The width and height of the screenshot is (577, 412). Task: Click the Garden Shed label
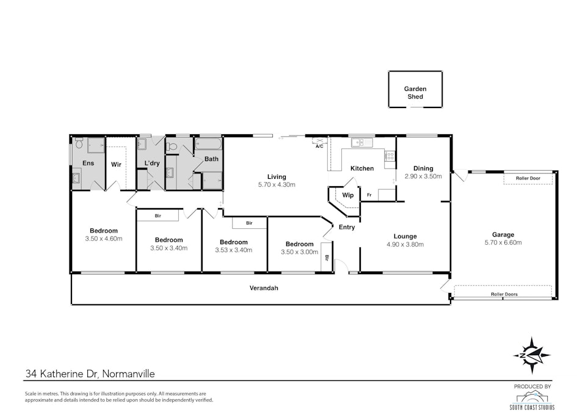(x=415, y=93)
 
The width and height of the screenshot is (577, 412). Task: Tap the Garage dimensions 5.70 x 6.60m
(x=503, y=242)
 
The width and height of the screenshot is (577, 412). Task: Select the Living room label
(x=277, y=177)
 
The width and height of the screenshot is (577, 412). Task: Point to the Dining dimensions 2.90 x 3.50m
(x=423, y=176)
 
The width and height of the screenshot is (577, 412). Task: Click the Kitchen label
(x=362, y=168)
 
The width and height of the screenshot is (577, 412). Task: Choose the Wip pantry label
(x=348, y=195)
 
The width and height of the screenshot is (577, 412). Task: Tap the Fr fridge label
(x=369, y=195)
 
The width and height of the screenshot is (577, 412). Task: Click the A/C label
(x=319, y=146)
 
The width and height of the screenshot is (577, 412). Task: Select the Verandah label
(x=264, y=288)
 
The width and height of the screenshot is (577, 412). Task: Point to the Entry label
(x=347, y=227)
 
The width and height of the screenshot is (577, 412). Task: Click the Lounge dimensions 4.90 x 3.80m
(x=405, y=244)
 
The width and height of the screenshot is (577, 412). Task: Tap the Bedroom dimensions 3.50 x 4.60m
(x=103, y=239)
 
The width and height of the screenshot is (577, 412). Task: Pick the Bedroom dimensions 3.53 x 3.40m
(x=234, y=250)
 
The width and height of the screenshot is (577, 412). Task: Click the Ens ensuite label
(x=88, y=163)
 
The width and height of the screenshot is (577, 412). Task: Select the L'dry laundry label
(x=152, y=163)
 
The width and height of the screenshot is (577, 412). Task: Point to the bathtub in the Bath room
(x=208, y=144)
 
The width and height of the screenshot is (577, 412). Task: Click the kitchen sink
(x=361, y=143)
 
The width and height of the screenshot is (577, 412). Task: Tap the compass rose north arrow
(x=532, y=355)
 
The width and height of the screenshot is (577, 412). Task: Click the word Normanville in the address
(x=128, y=374)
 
